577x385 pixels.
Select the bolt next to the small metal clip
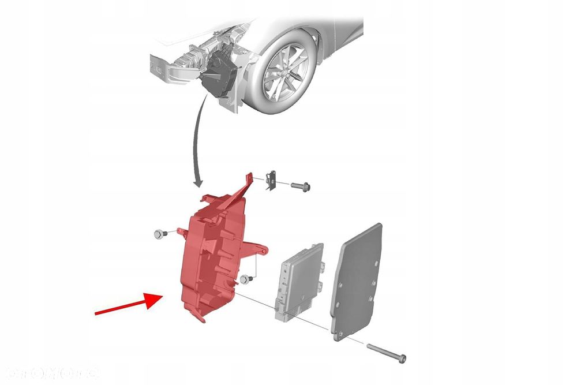coord(300,186)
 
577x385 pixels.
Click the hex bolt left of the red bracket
coord(159,233)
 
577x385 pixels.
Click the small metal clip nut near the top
coord(269,181)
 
